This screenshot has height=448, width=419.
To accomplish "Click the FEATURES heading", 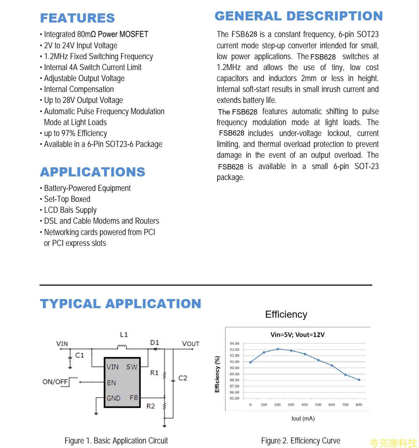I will pyautogui.click(x=77, y=18).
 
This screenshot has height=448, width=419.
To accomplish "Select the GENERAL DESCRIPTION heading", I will pyautogui.click(x=299, y=16).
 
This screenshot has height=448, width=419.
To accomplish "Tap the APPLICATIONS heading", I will pyautogui.click(x=93, y=172).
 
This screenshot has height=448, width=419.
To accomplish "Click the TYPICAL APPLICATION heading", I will pyautogui.click(x=120, y=304).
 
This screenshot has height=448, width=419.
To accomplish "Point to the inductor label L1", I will pyautogui.click(x=124, y=335).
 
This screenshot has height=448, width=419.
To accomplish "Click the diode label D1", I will pyautogui.click(x=155, y=343).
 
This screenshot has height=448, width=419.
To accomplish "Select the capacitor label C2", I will pyautogui.click(x=183, y=378).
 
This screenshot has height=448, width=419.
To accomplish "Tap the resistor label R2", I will pyautogui.click(x=151, y=406).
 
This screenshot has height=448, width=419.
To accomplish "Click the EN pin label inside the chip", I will pyautogui.click(x=111, y=383).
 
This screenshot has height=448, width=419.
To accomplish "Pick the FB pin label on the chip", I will pyautogui.click(x=134, y=398).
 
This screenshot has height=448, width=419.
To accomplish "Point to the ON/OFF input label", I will pyautogui.click(x=55, y=382).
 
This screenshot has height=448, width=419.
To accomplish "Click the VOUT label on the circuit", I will pyautogui.click(x=190, y=344).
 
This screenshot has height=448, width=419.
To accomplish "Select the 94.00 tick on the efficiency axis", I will pyautogui.click(x=234, y=343).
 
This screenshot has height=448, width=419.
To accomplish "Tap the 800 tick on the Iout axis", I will pyautogui.click(x=359, y=405).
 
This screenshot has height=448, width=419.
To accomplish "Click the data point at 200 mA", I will pyautogui.click(x=277, y=349).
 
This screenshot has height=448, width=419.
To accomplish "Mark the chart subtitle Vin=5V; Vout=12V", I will pyautogui.click(x=298, y=335).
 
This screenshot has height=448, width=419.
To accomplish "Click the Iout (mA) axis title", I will pyautogui.click(x=303, y=418).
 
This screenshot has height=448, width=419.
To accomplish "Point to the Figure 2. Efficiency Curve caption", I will pyautogui.click(x=301, y=441).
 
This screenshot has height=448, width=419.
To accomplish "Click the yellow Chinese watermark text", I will pyautogui.click(x=393, y=443).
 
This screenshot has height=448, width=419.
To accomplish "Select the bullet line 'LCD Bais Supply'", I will pyautogui.click(x=70, y=210).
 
